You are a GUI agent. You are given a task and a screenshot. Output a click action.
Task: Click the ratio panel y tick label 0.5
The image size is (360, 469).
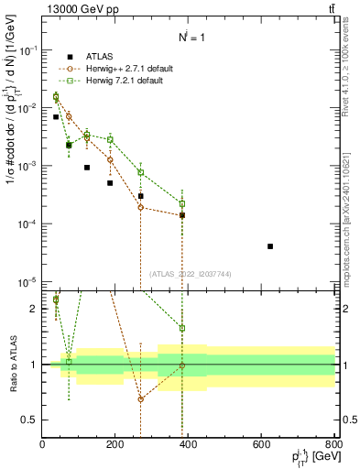[x=29, y=420]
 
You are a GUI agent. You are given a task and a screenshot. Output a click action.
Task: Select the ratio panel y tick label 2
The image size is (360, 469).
[x=33, y=309]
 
